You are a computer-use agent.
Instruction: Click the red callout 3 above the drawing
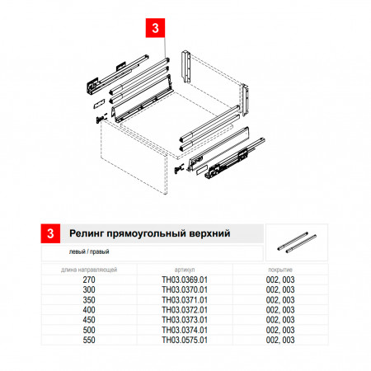tap(155, 28)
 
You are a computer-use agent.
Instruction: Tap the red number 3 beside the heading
tap(50, 233)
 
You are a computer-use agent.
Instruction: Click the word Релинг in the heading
tap(87, 233)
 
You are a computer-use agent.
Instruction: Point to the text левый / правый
tap(89, 251)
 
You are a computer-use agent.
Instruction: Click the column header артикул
tap(185, 270)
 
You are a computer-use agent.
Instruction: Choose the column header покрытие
tap(280, 270)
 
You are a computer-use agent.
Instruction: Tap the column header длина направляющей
tap(89, 270)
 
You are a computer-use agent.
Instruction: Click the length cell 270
tap(89, 279)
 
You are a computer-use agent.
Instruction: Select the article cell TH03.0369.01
tap(185, 279)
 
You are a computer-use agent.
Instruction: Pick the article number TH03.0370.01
tap(185, 289)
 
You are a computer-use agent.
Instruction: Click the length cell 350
tap(89, 300)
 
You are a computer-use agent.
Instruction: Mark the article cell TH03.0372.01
tap(185, 310)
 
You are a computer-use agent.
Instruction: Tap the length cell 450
tap(89, 320)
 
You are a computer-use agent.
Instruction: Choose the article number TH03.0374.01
tap(185, 330)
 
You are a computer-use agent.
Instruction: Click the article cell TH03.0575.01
tap(185, 340)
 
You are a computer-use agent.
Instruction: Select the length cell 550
tap(89, 340)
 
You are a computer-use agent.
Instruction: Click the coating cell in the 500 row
tap(280, 330)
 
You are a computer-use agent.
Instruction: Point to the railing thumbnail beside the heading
tap(297, 242)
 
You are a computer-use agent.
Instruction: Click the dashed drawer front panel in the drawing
tap(134, 158)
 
